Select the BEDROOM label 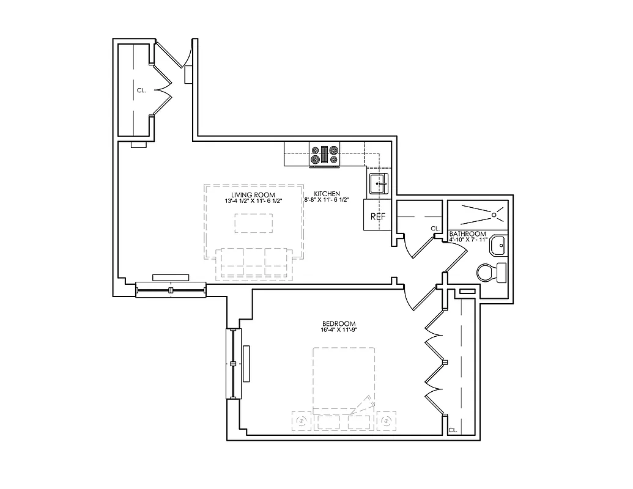[338, 323]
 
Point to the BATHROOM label [468, 233]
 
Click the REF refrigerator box [377, 216]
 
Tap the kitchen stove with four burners [324, 155]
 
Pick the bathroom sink [498, 246]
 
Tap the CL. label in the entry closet [141, 90]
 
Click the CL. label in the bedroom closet [453, 430]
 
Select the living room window [171, 289]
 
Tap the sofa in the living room [254, 263]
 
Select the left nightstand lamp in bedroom [302, 422]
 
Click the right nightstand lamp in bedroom [387, 422]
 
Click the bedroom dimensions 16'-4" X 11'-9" [338, 329]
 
